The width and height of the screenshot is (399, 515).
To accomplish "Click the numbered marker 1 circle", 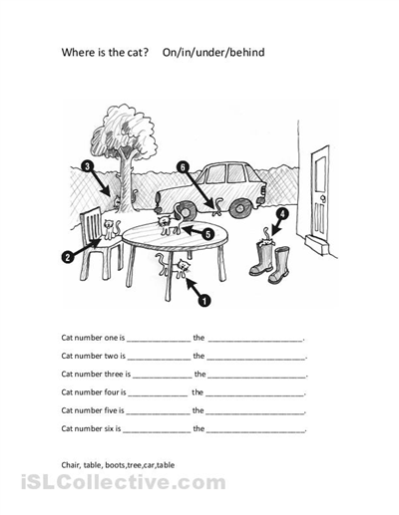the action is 204,301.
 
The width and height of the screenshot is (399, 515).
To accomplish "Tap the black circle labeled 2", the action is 68,257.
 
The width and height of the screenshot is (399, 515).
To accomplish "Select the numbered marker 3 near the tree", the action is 87,165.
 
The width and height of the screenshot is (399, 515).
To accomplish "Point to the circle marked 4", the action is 282,214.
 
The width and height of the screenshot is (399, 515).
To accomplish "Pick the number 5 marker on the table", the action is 207,235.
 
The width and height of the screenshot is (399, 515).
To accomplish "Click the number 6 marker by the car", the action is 183,167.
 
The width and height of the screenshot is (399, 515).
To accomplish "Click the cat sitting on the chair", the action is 111,229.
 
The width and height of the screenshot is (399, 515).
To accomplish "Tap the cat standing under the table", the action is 174,265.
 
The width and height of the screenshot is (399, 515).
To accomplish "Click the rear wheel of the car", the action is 239,208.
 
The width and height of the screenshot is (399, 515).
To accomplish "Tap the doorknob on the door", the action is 322,198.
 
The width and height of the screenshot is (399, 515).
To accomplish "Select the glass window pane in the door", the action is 320,173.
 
